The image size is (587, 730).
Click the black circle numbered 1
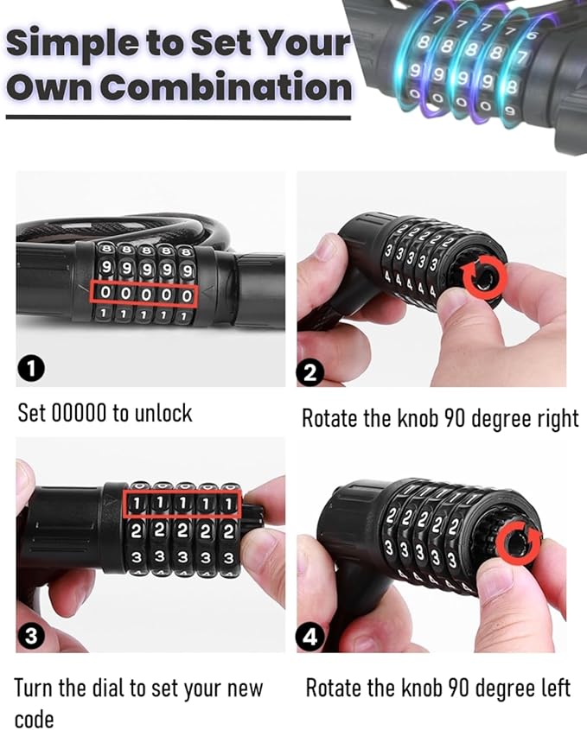31,369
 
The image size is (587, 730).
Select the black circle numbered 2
310,373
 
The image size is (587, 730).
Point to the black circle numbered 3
31,636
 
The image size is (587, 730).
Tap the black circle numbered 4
310,637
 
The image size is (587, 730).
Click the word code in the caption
34,719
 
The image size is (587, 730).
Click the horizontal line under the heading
178,117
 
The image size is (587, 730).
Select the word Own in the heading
49,87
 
